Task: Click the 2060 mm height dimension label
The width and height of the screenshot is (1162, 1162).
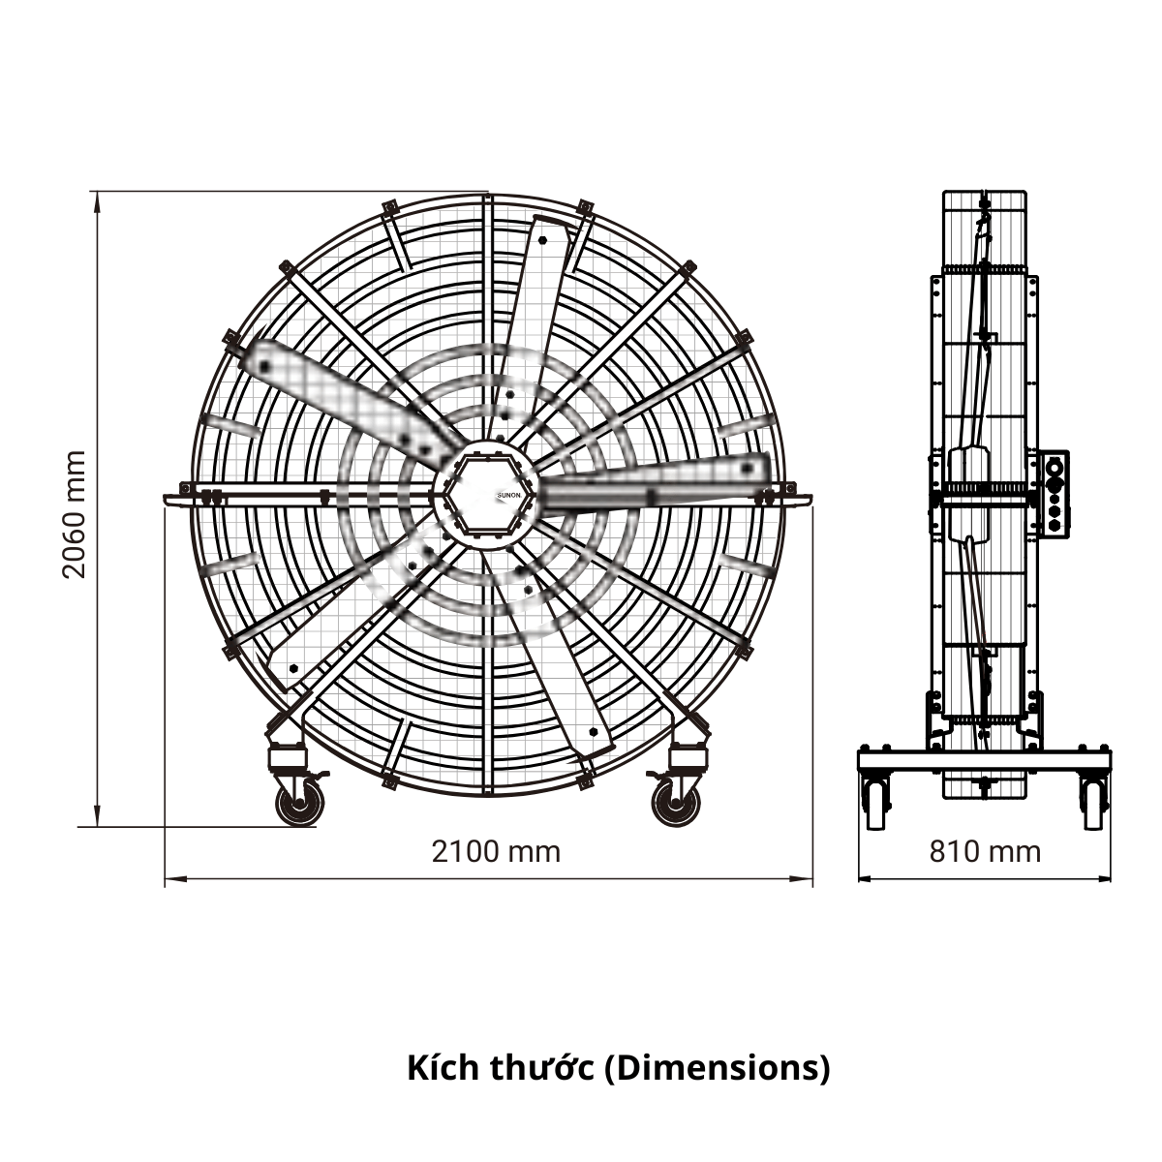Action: coord(75,514)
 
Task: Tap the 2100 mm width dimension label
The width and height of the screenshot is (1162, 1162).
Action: coord(496,852)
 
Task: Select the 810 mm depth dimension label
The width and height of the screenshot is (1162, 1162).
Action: coord(985,852)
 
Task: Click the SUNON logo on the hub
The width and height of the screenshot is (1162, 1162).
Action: coord(508,495)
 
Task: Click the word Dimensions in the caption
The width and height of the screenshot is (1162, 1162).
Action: coord(717,1067)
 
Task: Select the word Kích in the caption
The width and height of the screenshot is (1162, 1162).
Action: coord(442,1067)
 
